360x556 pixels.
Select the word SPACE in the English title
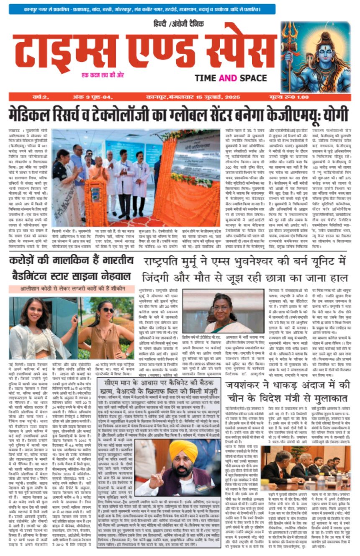point(252,78)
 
